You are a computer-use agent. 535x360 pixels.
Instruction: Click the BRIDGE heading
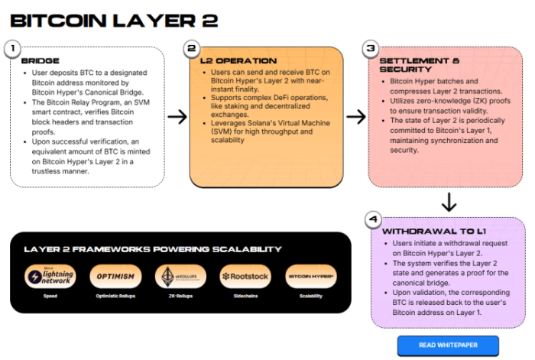click(x=41, y=60)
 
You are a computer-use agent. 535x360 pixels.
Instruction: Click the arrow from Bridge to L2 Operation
click(x=177, y=116)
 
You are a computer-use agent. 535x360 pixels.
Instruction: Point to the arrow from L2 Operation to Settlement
click(x=356, y=116)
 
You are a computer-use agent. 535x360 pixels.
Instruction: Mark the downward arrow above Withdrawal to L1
click(x=449, y=202)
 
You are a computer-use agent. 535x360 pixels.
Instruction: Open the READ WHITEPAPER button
click(x=448, y=345)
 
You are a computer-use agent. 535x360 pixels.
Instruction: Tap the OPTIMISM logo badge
click(x=115, y=275)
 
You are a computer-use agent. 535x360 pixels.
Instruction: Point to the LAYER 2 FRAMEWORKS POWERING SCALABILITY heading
click(x=152, y=249)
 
